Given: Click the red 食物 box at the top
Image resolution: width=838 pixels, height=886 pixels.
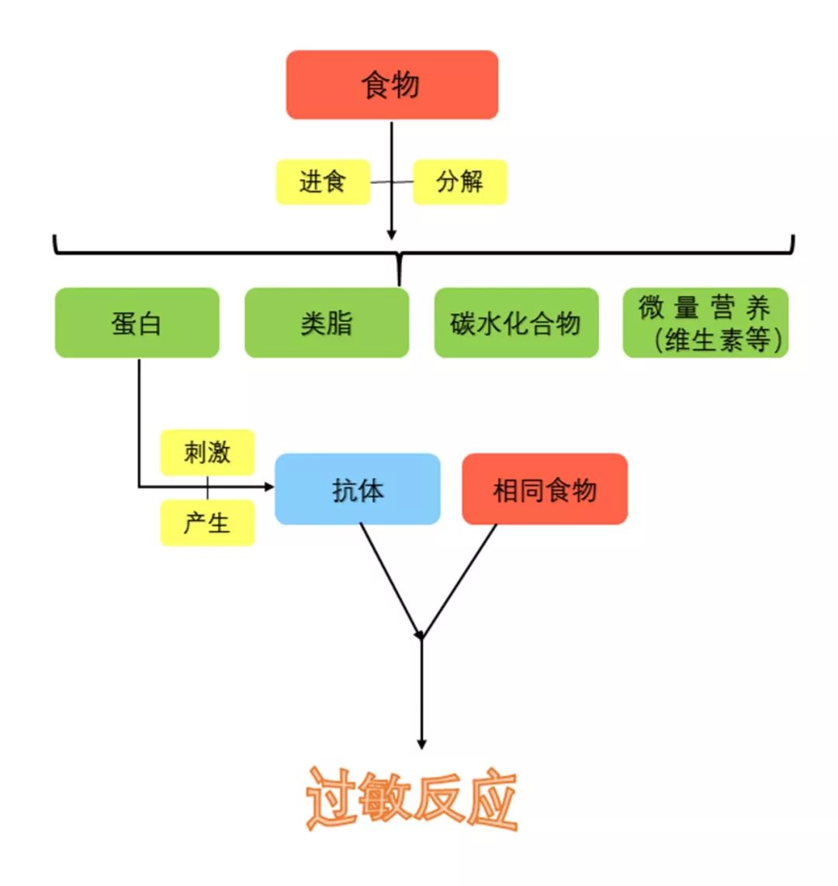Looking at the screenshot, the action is [x=392, y=85].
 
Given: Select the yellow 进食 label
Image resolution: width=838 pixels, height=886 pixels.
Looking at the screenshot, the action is [x=323, y=182].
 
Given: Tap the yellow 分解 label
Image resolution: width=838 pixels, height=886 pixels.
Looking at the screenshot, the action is [x=460, y=182].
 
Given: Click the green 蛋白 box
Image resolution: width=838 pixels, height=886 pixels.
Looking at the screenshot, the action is [x=137, y=323].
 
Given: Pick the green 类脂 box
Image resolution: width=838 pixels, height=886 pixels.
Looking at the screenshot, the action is [x=327, y=323].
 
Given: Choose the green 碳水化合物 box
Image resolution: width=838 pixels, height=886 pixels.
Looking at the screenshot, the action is [x=516, y=323].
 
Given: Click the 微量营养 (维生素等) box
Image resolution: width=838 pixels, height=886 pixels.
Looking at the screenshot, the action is [x=705, y=323].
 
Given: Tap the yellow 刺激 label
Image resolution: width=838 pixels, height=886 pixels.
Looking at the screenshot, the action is [x=207, y=452].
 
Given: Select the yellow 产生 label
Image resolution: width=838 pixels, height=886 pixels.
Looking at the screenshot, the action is [x=207, y=523].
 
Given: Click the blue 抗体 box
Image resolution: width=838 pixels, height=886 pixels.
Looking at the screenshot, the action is [x=357, y=489].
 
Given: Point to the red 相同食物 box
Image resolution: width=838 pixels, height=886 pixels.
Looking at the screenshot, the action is [x=545, y=489].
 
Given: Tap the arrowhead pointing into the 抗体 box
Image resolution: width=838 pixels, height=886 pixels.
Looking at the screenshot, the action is [x=269, y=486].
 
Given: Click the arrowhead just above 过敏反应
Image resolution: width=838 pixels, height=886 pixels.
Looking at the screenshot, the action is [x=421, y=745].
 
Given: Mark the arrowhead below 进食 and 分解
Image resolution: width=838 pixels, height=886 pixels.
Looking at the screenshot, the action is [x=392, y=234].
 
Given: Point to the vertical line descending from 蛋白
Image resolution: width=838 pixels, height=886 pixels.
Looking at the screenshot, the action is [x=139, y=422].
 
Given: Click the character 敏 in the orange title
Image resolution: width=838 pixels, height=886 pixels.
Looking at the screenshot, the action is [x=383, y=798].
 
